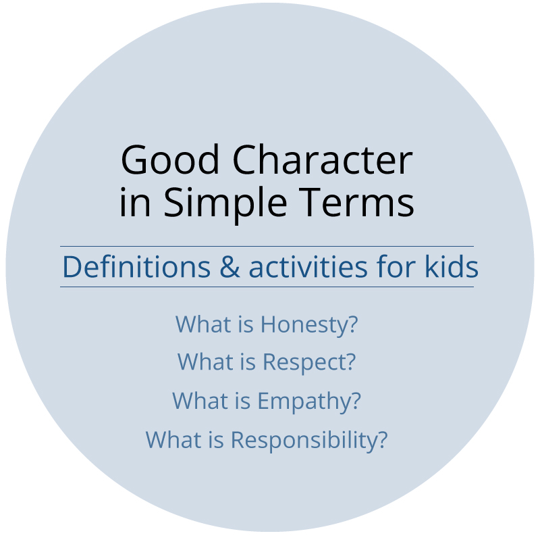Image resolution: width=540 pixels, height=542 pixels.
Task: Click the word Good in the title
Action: click(171, 162)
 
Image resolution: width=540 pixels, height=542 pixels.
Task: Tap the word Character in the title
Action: click(323, 162)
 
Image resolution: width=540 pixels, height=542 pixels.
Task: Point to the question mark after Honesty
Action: click(352, 325)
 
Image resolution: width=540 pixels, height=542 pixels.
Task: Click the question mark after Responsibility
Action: click(382, 440)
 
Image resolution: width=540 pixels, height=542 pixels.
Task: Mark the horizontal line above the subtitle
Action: click(267, 247)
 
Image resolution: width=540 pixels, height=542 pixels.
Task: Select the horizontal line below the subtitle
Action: click(267, 287)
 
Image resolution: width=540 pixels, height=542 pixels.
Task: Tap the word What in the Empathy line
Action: click(196, 401)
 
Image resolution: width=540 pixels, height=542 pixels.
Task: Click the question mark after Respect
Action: click(349, 363)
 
